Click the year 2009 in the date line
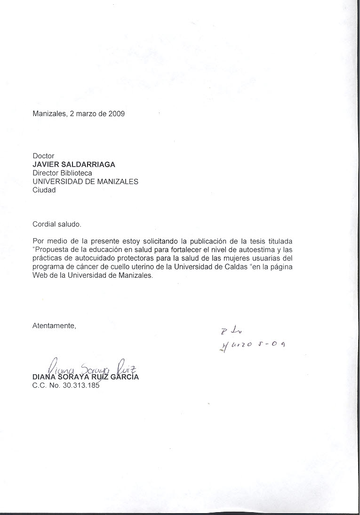pos(116,113)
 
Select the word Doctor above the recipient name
pos(43,156)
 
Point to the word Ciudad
pos(44,190)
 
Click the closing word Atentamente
pos(54,325)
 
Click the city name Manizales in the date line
pos(49,113)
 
